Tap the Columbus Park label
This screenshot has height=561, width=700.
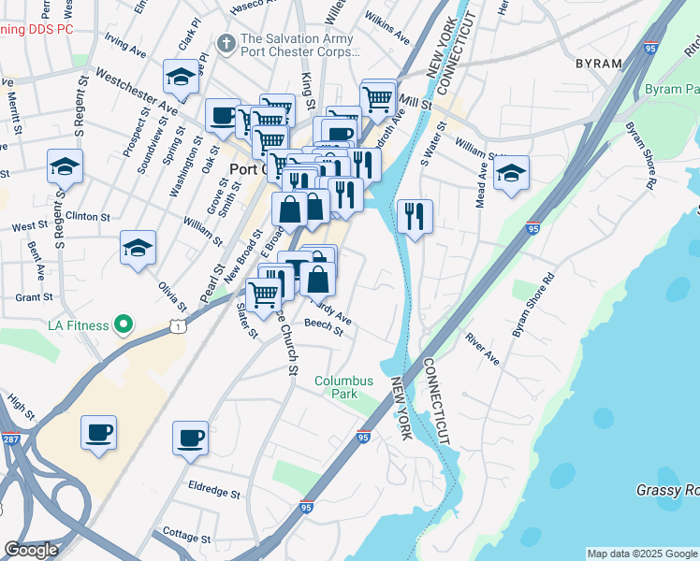point(343,387)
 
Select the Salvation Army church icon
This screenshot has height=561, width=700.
point(225,44)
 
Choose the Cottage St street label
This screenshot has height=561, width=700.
point(186,538)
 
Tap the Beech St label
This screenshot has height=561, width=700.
point(325,327)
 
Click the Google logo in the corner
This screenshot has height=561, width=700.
point(30,550)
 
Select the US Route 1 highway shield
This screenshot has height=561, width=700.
point(176,324)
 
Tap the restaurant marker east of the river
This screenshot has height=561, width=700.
point(414,217)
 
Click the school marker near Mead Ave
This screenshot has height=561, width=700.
point(511,174)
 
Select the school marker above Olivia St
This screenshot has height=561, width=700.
point(138,249)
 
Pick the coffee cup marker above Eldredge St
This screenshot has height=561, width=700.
point(191,438)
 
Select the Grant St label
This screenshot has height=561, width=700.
point(34,297)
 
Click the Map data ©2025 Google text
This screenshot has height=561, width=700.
point(642,554)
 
